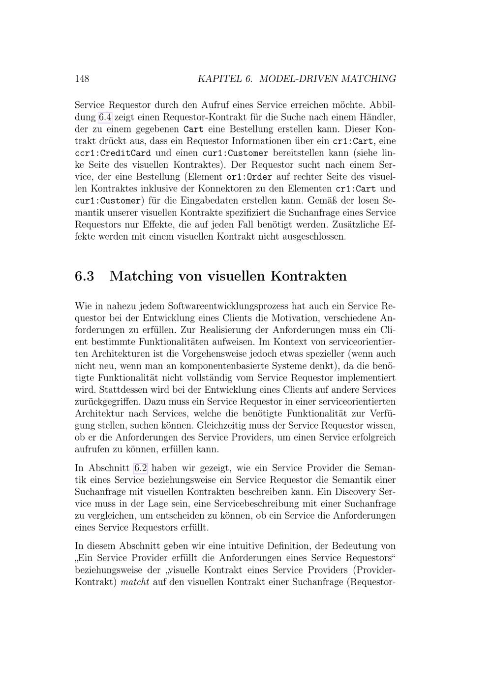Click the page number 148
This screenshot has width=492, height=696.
82,79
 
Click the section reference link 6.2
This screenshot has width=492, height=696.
141,468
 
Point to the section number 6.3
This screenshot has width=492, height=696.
85,276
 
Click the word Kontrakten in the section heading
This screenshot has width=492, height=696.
308,276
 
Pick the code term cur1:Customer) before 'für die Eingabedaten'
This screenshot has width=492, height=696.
108,201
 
